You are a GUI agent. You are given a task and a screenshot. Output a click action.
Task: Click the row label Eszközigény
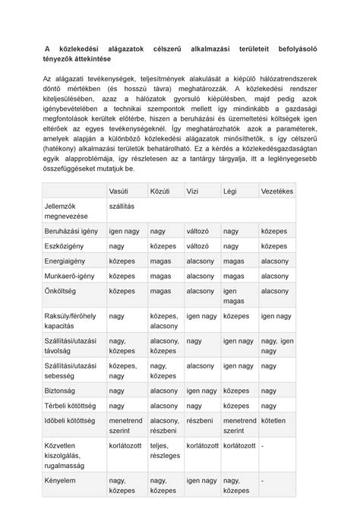pos(65,246)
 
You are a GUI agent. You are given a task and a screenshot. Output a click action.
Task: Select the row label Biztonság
pos(61,390)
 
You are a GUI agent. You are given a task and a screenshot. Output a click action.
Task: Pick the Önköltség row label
pos(62,291)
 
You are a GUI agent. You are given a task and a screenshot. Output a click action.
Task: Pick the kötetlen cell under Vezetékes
pos(273,420)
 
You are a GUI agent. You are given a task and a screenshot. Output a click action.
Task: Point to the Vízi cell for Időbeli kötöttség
pos(200,420)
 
